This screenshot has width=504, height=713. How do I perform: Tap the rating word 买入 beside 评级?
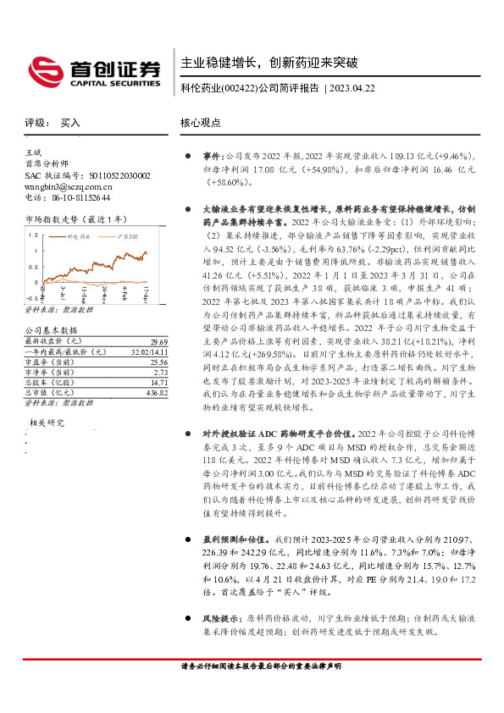70,123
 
